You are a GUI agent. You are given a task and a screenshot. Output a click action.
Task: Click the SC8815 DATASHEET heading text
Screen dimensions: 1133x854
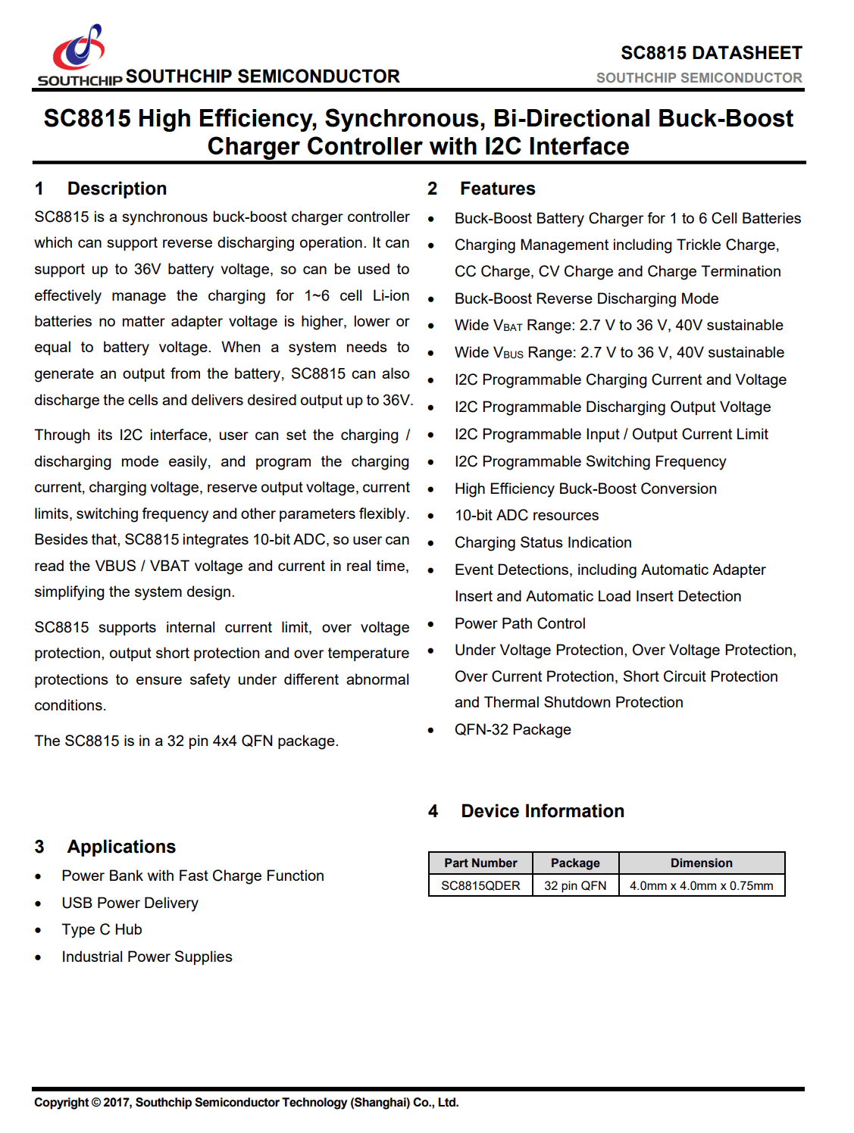pos(711,53)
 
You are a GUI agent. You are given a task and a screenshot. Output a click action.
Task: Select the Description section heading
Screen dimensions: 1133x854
pos(117,189)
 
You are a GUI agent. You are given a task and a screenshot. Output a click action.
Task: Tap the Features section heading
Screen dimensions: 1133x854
pos(497,189)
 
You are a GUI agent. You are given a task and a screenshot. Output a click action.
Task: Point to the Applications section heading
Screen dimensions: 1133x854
pos(121,847)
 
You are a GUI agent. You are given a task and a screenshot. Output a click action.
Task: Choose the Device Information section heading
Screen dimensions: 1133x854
pos(543,811)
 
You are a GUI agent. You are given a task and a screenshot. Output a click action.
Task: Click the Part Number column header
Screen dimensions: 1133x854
pos(480,863)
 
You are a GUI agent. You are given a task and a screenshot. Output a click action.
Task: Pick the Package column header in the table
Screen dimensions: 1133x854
pos(575,863)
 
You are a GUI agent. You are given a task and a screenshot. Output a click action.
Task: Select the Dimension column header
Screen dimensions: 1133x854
pos(701,863)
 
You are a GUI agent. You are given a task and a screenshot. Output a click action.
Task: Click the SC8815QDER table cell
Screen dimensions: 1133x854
pos(480,885)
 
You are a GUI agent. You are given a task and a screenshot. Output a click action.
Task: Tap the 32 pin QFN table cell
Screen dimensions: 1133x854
pos(575,885)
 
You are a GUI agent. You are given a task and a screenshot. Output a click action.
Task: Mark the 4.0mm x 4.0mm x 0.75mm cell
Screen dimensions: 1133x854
pos(701,885)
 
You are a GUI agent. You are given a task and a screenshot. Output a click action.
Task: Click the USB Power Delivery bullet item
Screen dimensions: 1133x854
pos(130,903)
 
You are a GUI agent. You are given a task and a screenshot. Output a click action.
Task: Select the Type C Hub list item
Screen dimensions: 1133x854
pos(102,929)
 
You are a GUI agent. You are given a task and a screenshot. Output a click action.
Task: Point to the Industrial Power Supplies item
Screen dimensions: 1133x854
pos(147,957)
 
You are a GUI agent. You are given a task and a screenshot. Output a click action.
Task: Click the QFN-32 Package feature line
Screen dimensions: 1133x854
pos(512,729)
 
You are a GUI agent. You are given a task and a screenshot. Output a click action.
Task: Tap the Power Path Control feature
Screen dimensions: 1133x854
pos(520,623)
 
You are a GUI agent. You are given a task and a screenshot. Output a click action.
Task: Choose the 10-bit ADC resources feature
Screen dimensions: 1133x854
pos(527,515)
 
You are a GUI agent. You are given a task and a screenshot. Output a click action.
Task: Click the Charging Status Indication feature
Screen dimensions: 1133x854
pos(543,542)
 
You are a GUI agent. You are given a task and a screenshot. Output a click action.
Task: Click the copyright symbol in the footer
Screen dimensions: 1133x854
pos(96,1103)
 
